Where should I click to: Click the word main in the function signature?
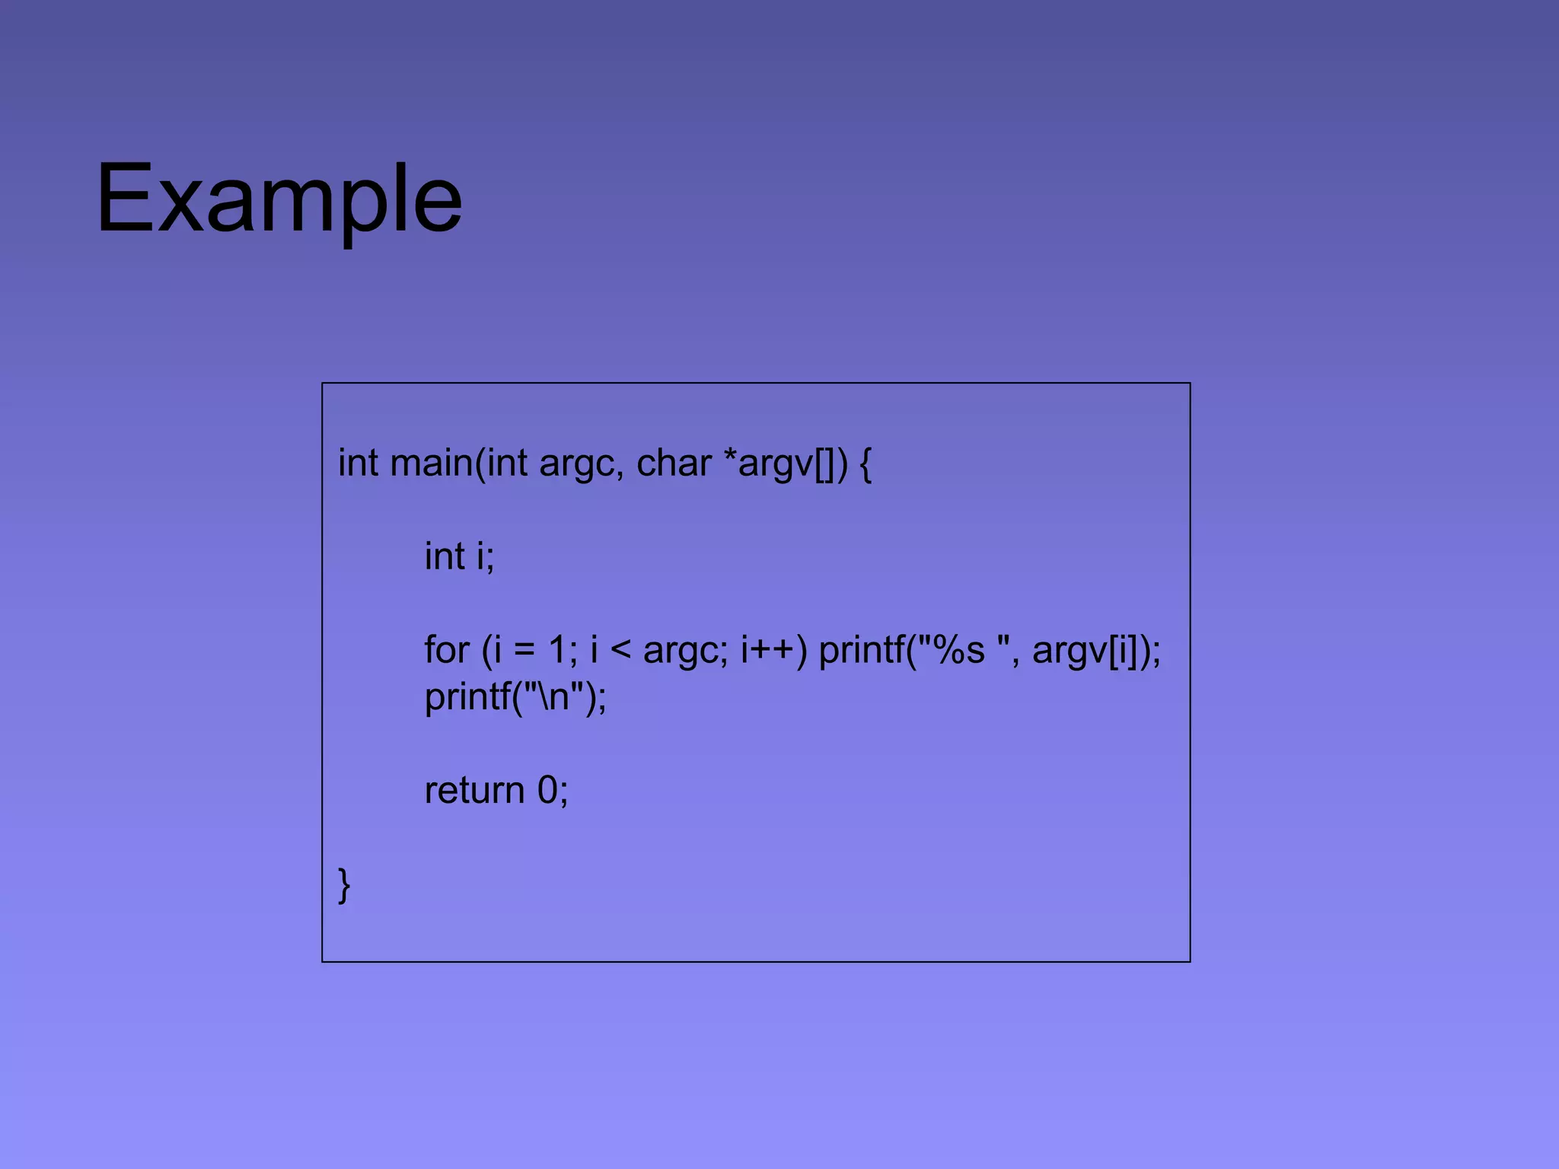(x=431, y=463)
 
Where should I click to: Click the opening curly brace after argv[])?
(x=866, y=463)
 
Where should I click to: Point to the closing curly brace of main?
(x=344, y=884)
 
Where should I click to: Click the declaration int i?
(x=459, y=556)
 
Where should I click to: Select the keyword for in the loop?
(x=446, y=650)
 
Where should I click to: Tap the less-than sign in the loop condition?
(x=620, y=650)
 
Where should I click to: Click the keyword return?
(x=474, y=791)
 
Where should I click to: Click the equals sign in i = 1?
(x=524, y=650)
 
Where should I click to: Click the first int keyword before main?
(x=358, y=463)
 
